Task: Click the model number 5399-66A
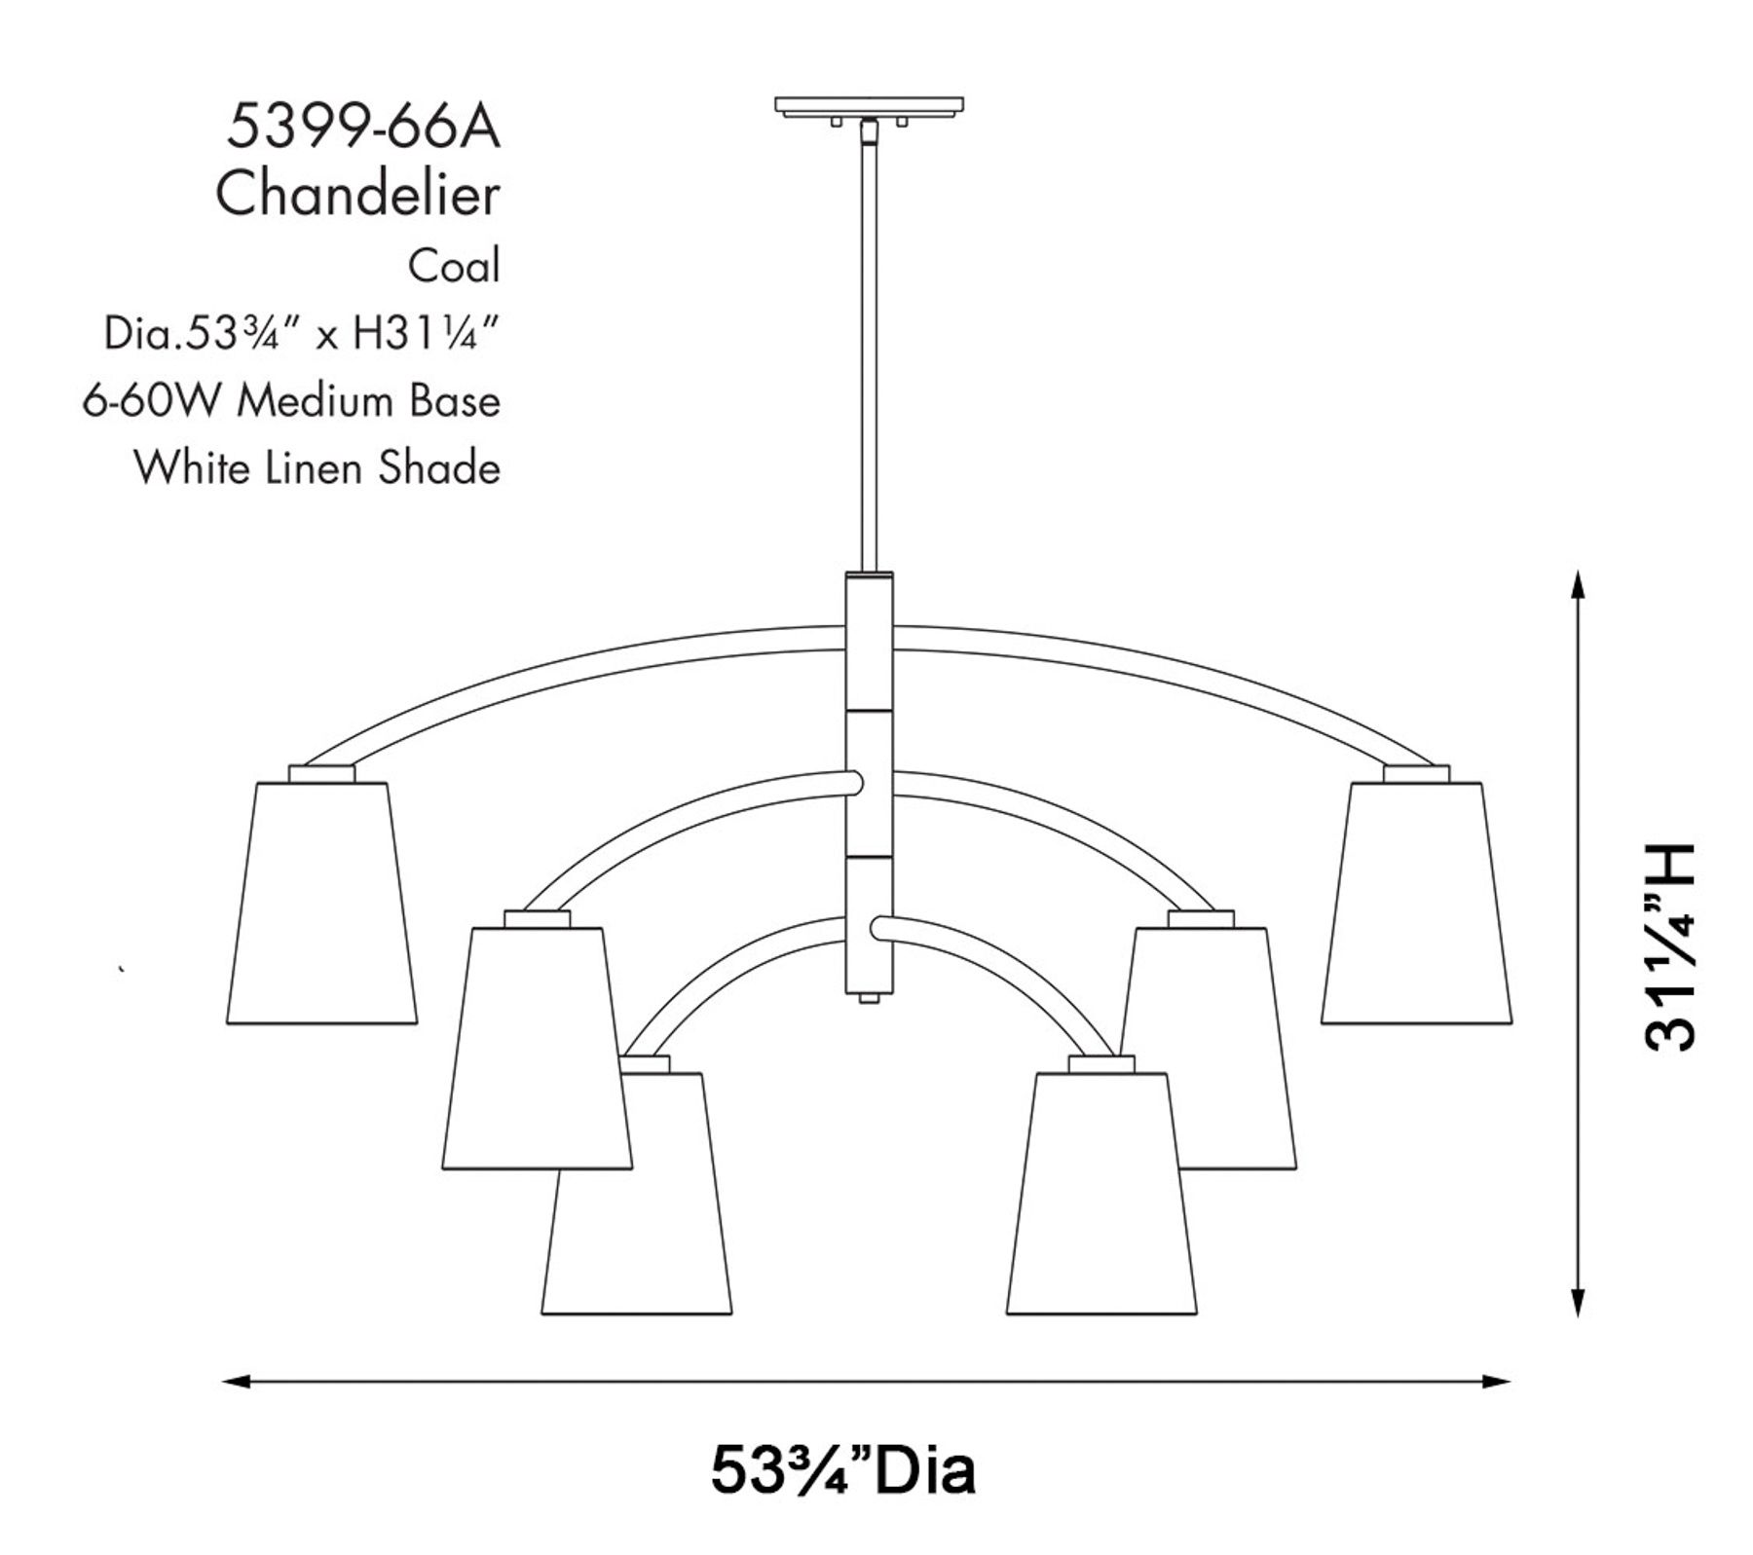coord(363,128)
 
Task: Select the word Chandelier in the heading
coord(357,195)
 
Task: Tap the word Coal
coord(454,266)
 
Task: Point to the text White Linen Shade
coord(317,468)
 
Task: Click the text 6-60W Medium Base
coord(291,401)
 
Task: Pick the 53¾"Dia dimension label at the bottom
coord(842,1469)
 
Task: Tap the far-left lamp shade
coord(321,903)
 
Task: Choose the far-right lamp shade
coord(1416,903)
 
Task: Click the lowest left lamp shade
coord(636,1194)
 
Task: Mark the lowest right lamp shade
coord(1101,1194)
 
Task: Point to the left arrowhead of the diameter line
coord(232,1381)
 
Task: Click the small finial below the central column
coord(869,997)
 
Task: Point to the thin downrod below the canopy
coord(868,351)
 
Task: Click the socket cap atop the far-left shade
coord(321,773)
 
